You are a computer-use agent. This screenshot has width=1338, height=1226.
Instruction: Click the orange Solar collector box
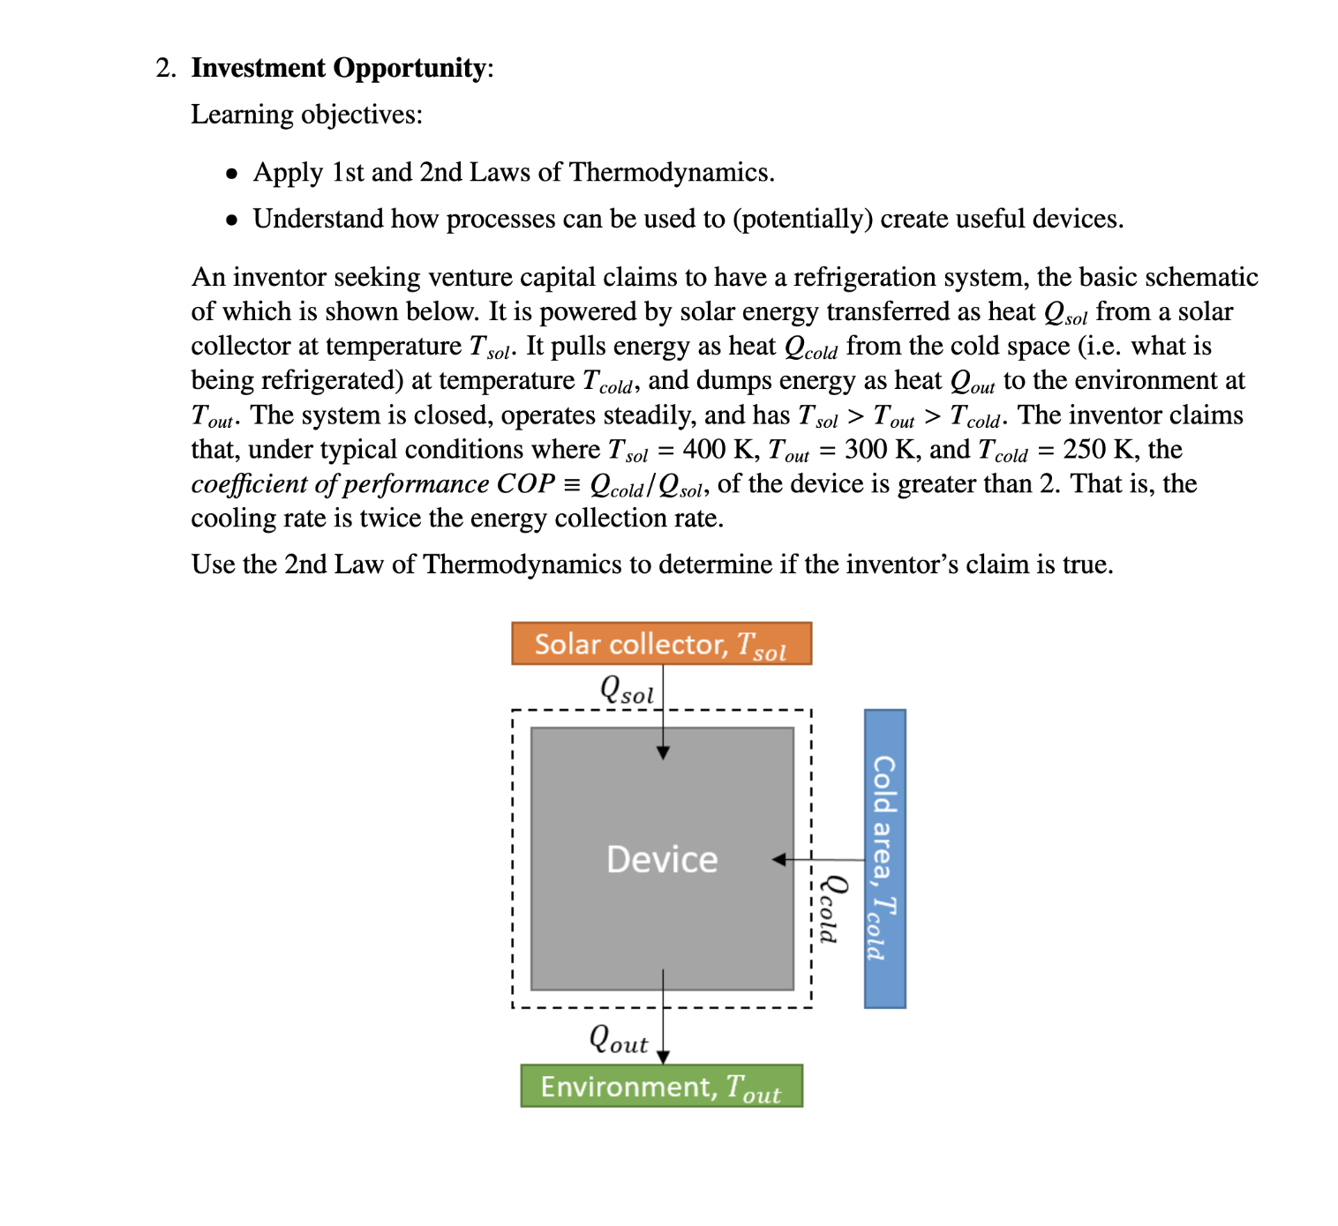661,644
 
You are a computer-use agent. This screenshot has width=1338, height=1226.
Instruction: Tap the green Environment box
661,1087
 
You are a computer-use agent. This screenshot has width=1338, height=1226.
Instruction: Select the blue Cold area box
884,857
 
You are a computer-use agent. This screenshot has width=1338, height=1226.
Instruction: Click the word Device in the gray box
662,859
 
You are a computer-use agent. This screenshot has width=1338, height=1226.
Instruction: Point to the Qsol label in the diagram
627,689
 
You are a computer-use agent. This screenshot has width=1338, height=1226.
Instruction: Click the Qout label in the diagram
618,1039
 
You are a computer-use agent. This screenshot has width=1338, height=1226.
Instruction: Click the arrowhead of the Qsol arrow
663,752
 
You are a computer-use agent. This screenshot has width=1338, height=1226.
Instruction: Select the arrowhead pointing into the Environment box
663,1057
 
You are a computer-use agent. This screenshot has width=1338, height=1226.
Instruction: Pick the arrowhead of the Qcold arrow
779,859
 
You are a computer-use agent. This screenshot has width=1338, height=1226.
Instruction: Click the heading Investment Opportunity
338,68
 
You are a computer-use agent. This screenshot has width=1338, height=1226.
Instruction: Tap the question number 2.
165,68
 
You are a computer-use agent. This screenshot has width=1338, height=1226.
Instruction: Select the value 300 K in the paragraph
878,450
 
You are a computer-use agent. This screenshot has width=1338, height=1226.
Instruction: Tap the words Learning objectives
306,115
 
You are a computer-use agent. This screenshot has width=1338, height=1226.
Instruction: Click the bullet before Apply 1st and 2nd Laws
231,174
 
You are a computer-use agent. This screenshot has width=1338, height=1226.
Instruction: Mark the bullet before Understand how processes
231,221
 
